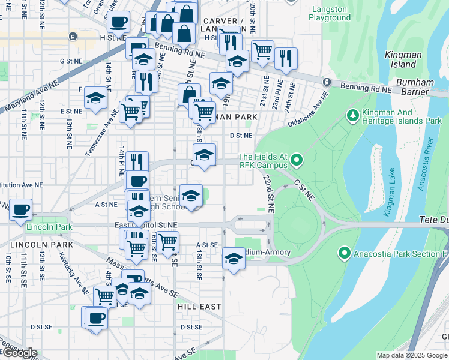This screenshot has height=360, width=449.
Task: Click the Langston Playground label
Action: (330, 14)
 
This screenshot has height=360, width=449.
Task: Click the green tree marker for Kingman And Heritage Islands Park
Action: (352, 115)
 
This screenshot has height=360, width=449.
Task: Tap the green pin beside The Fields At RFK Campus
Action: (296, 160)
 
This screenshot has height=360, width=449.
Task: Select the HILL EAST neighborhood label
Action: (199, 306)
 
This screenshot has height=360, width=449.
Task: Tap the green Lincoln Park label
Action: (49, 227)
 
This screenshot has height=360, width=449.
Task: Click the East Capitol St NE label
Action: (146, 224)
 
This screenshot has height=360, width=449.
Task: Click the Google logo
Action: (20, 353)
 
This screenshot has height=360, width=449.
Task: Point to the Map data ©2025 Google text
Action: (411, 355)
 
